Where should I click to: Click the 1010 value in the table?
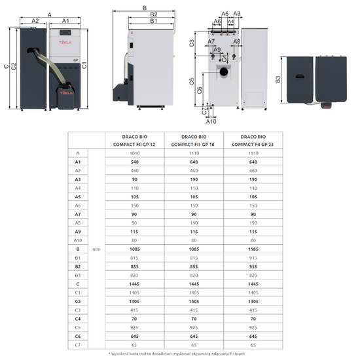tap(134, 153)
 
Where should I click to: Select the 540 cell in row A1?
tap(134, 161)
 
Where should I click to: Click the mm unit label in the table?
tap(97, 249)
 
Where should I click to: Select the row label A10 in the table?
tap(78, 240)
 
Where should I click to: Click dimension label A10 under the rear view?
tap(211, 121)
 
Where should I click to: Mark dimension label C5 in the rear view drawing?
tap(192, 82)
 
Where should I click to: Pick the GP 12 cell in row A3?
tap(134, 179)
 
